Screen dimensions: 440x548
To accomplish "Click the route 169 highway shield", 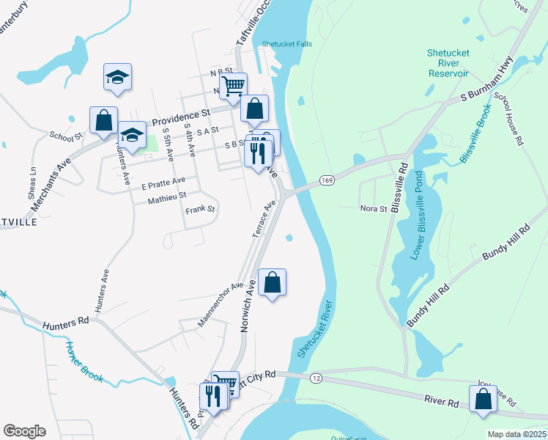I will [327, 180].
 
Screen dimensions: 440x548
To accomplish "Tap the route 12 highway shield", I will [316, 378].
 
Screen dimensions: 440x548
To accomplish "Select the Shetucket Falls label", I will [286, 43].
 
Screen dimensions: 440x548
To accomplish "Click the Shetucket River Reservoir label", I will [448, 63].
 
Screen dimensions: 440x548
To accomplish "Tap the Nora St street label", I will [373, 209].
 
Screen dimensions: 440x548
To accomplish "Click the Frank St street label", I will [200, 209].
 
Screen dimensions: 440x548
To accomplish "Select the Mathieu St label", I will [167, 196].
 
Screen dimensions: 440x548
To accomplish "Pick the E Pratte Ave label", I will [163, 180].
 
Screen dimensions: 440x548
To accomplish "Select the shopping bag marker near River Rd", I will [483, 399].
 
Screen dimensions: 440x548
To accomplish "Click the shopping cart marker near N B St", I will [233, 86].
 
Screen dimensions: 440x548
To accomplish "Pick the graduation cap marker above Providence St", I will [117, 76].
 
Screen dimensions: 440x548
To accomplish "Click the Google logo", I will [24, 431].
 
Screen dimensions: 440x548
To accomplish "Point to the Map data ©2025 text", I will [516, 434].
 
